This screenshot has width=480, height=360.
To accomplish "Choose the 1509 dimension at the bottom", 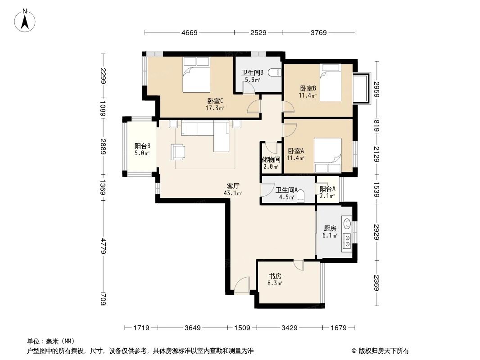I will pyautogui.click(x=242, y=328).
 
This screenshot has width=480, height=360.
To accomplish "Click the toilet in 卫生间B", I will pyautogui.click(x=275, y=72).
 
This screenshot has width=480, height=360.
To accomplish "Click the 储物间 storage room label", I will pyautogui.click(x=271, y=159).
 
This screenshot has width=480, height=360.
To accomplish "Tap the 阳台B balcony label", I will pyautogui.click(x=142, y=146).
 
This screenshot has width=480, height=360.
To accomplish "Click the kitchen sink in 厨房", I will pyautogui.click(x=347, y=224).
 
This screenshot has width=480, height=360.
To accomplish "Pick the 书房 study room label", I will pyautogui.click(x=275, y=276).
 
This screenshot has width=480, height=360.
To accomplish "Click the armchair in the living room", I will pyautogui.click(x=177, y=151).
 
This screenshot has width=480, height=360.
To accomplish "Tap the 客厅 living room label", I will pyautogui.click(x=233, y=185).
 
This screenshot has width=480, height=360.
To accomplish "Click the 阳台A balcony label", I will pyautogui.click(x=327, y=189).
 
